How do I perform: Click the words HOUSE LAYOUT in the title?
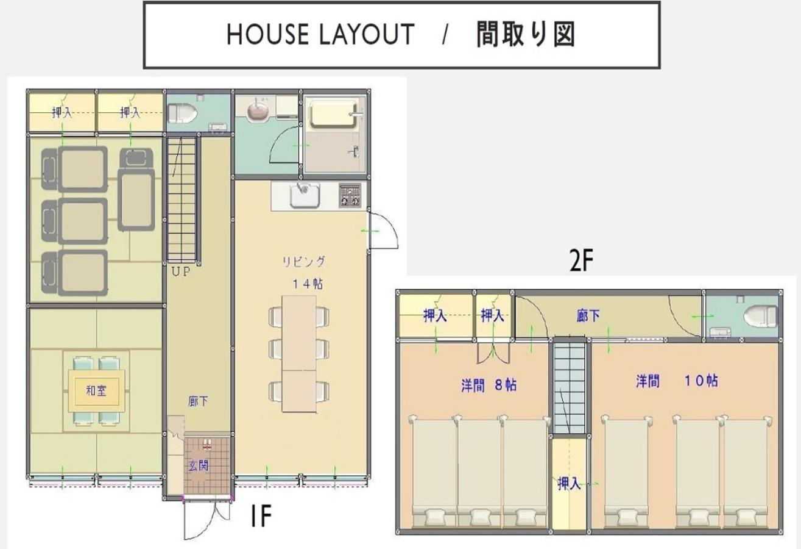320,34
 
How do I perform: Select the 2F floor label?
582,260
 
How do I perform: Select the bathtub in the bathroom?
334,113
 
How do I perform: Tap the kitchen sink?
305,196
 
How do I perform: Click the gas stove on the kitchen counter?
350,196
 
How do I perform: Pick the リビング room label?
304,262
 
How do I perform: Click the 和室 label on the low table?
97,390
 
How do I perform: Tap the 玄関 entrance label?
199,465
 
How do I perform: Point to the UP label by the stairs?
181,272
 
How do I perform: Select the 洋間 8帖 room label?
489,386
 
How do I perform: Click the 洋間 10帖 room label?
677,381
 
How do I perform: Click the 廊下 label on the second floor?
588,315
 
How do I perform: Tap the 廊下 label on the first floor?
198,401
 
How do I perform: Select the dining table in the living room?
299,353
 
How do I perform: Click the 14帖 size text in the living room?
308,284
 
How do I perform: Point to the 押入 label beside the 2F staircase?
569,484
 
